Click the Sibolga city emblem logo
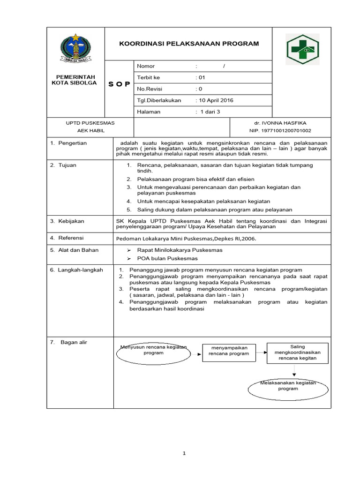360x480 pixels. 75,47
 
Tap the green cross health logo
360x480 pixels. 302,49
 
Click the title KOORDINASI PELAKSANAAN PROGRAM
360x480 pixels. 188,44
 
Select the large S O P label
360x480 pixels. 120,84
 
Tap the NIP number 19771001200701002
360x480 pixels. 280,131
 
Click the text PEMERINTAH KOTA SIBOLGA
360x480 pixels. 75,80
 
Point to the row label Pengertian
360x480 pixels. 72,143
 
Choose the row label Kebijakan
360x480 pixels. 71,221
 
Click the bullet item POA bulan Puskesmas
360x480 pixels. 167,258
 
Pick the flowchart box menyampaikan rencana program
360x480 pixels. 229,351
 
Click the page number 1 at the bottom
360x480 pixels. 185,453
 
